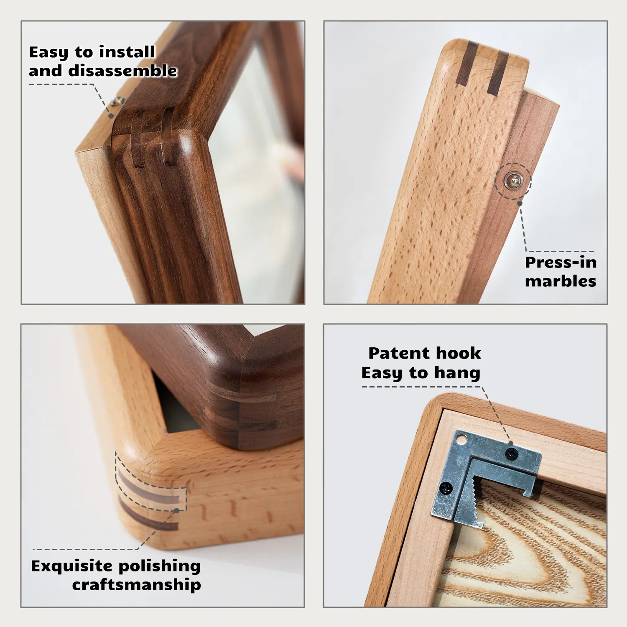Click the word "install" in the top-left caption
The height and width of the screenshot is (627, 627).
[x=127, y=52]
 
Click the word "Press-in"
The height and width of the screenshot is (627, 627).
[x=561, y=263]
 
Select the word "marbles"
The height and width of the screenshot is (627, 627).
[x=561, y=281]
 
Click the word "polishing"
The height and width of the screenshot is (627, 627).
[x=159, y=566]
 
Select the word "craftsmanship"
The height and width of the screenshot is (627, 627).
[x=137, y=585]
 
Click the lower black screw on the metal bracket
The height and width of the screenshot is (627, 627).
[x=447, y=488]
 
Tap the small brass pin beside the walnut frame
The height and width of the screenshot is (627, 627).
[x=118, y=100]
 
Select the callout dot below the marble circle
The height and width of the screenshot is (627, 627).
[x=520, y=203]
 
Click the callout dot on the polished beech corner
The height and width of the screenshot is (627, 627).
[x=176, y=510]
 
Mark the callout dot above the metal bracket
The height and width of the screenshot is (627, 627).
[x=510, y=443]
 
